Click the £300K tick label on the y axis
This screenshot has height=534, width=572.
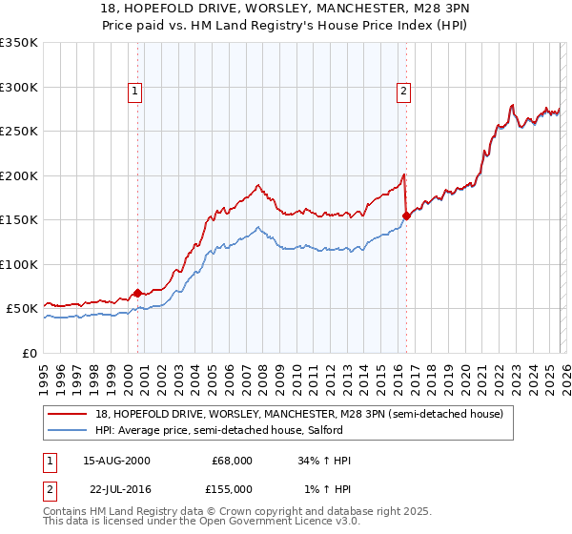coord(19,87)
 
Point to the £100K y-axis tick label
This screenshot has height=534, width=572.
coord(19,264)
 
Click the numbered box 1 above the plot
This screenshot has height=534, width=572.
coord(135,92)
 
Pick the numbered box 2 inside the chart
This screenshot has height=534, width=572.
coord(404,92)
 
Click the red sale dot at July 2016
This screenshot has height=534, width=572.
coord(406,216)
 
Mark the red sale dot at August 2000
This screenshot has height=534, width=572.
coord(137,293)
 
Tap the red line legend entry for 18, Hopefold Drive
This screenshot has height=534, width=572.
coord(305,414)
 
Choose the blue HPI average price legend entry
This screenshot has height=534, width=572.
coord(305,431)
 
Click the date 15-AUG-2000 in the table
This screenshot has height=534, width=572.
coord(116,461)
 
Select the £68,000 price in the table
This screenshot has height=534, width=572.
coord(232,461)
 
